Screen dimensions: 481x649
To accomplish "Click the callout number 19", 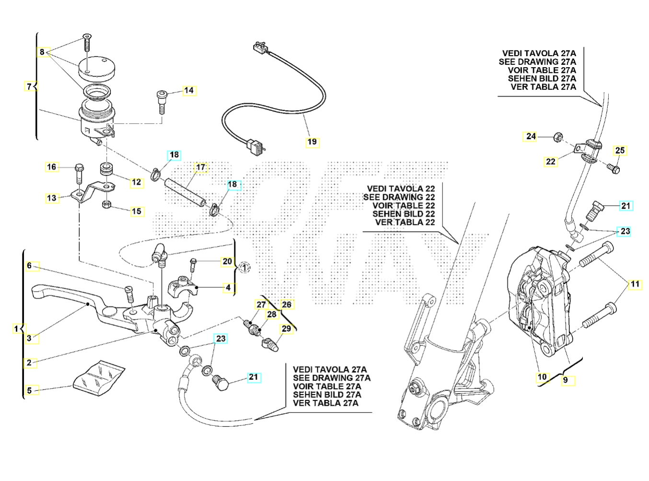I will point(312,142).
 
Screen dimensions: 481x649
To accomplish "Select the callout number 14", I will point(189,90).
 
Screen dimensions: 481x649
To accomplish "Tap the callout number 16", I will point(52,167).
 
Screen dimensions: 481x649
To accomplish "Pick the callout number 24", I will point(531,136).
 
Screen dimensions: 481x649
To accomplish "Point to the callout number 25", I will point(620,151).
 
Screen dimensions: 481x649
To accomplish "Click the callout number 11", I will point(635,284).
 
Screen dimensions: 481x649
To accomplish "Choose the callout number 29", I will point(286,328).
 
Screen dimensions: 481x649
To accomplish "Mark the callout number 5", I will point(29,390).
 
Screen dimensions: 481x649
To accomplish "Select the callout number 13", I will point(52,198).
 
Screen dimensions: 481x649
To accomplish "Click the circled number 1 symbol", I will point(244,267).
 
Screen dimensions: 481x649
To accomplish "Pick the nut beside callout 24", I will point(557,137).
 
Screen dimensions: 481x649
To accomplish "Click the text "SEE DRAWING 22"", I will point(399,197).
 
